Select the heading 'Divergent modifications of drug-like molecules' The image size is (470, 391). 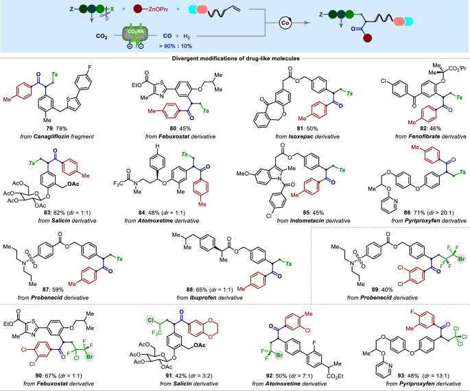pos(235,60)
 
